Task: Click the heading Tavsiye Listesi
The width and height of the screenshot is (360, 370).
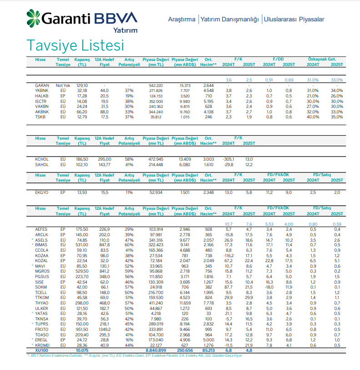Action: point(75,46)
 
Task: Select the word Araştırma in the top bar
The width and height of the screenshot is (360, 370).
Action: point(182,20)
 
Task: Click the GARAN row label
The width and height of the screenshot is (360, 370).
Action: point(42,86)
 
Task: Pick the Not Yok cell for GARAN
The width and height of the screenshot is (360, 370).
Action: point(63,86)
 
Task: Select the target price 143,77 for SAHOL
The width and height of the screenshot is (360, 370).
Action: point(105,164)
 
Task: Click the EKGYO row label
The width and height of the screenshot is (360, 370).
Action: point(42,193)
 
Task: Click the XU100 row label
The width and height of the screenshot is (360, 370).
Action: point(42,350)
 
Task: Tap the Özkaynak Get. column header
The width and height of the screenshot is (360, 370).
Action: point(322,60)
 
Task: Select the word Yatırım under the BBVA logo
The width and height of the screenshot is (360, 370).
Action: point(125,30)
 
